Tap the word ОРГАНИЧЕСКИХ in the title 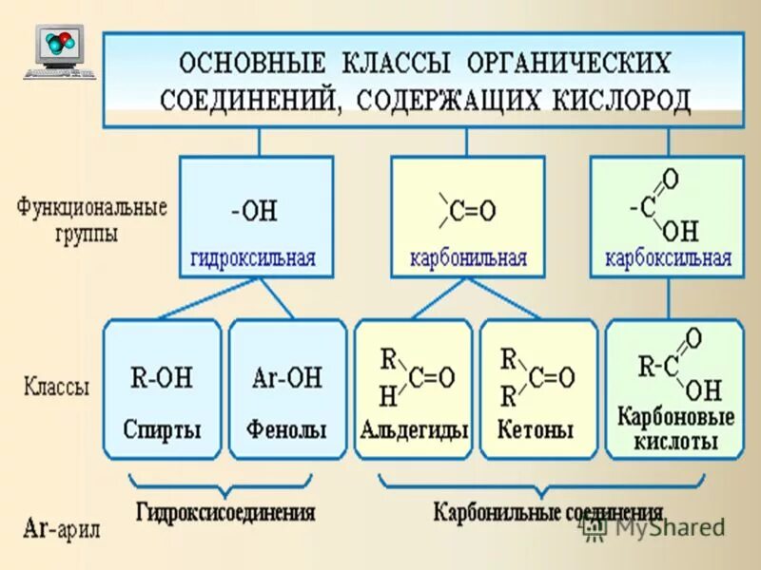pyautogui.click(x=569, y=63)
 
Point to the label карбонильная pyautogui.click(x=468, y=257)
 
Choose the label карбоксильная pyautogui.click(x=669, y=257)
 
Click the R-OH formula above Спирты pyautogui.click(x=161, y=378)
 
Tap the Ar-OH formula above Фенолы pyautogui.click(x=287, y=378)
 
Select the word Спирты pyautogui.click(x=162, y=429)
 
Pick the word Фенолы pyautogui.click(x=286, y=429)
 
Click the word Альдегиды pyautogui.click(x=414, y=429)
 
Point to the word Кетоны pyautogui.click(x=536, y=429)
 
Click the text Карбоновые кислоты pyautogui.click(x=675, y=429)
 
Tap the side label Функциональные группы pyautogui.click(x=91, y=220)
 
